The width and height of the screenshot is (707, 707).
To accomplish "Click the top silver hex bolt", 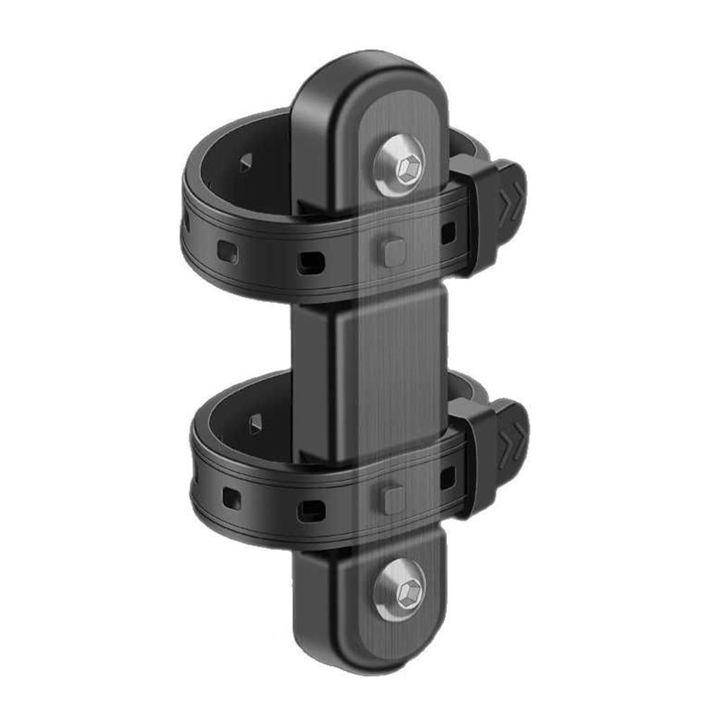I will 401,167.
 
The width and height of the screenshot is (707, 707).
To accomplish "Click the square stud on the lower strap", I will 393,498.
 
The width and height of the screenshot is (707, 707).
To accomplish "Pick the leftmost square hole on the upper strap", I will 227,250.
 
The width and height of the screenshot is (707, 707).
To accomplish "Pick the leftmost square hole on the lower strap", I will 231,498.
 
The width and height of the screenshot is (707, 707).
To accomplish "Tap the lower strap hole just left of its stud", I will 311,509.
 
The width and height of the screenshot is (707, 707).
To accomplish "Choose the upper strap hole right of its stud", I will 448,233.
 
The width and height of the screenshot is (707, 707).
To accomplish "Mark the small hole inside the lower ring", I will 255,422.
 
